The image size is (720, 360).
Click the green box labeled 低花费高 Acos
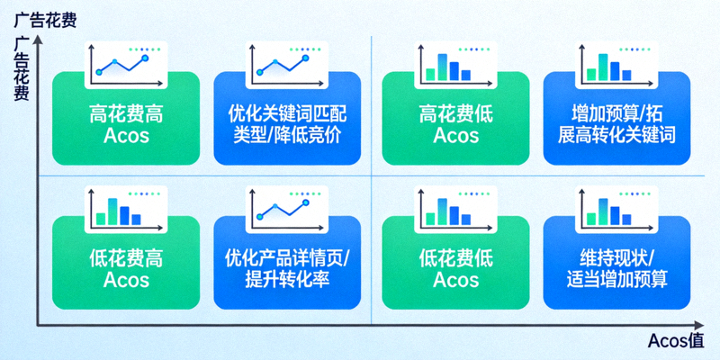(x=126, y=268)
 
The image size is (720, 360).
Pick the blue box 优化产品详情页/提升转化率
(x=287, y=268)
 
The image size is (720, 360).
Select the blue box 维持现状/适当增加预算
(x=616, y=268)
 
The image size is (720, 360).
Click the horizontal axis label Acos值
(x=681, y=342)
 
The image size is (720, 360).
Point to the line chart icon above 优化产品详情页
(x=284, y=207)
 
